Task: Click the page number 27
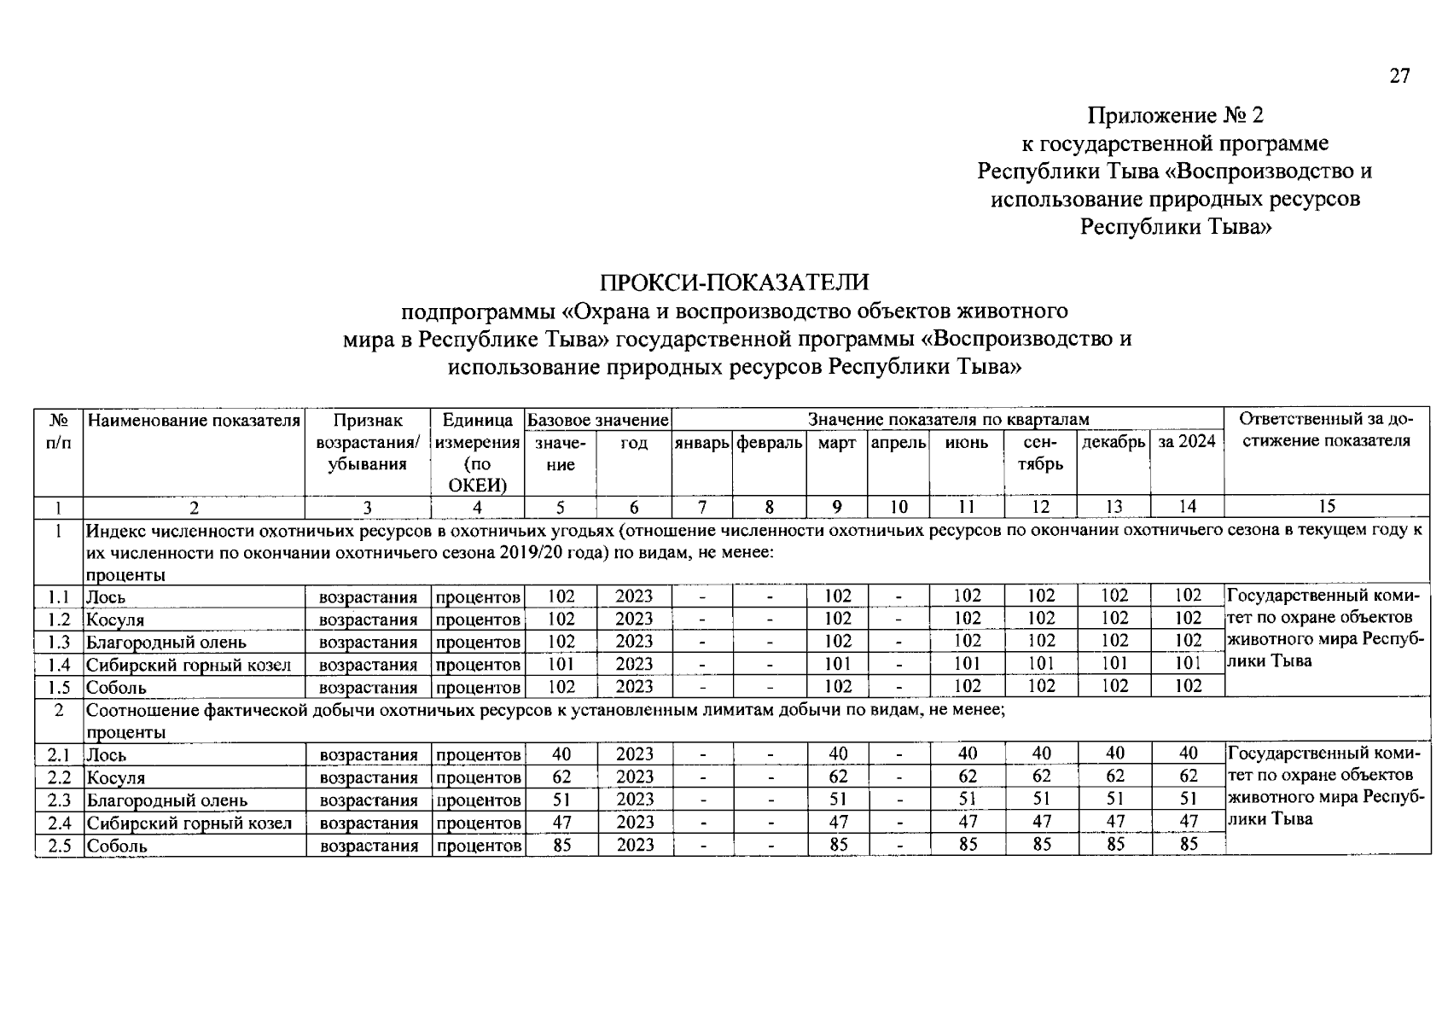(1399, 76)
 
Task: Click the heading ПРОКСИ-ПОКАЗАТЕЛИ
(735, 282)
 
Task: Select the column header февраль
(769, 443)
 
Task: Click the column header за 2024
(1187, 442)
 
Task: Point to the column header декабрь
(1114, 442)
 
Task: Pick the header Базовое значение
(597, 421)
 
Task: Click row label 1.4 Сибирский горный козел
(189, 665)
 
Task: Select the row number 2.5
(58, 846)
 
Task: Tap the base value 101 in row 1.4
(561, 664)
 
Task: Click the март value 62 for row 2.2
(838, 777)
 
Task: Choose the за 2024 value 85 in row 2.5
(1188, 845)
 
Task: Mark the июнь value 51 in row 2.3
(967, 800)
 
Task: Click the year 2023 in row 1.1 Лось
(634, 596)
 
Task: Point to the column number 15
(1326, 507)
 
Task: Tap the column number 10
(898, 507)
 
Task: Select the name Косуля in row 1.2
(115, 620)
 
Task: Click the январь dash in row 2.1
(702, 754)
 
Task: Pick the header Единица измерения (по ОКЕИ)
(478, 453)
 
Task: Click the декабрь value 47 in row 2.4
(1114, 822)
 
